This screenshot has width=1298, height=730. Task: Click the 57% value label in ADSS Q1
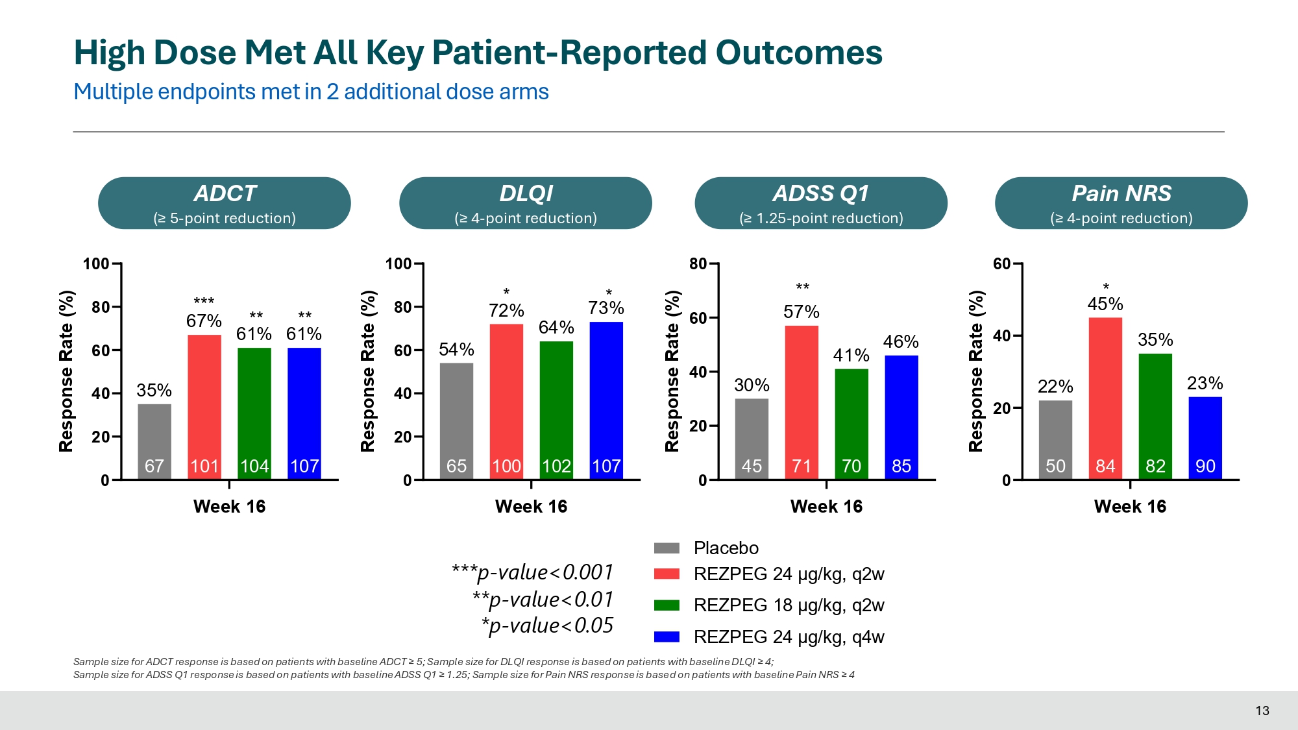(802, 312)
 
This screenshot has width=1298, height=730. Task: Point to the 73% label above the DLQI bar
(606, 308)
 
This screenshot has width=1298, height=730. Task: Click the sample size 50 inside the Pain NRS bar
(1055, 466)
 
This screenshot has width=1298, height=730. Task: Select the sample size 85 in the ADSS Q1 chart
(901, 466)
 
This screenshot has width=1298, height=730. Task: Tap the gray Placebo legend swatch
(667, 548)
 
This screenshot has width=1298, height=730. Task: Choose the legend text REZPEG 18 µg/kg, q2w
(789, 605)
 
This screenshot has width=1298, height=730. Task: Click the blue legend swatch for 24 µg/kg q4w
(667, 637)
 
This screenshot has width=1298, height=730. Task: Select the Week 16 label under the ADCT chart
(229, 507)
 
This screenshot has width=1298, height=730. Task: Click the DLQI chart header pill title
(526, 193)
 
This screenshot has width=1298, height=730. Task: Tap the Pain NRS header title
(1121, 193)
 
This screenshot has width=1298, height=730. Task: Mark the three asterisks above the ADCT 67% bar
(204, 302)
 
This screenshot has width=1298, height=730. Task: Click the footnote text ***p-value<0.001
(532, 572)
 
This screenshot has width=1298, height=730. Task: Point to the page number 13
(1262, 711)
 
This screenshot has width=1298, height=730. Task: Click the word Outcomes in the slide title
(799, 53)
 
